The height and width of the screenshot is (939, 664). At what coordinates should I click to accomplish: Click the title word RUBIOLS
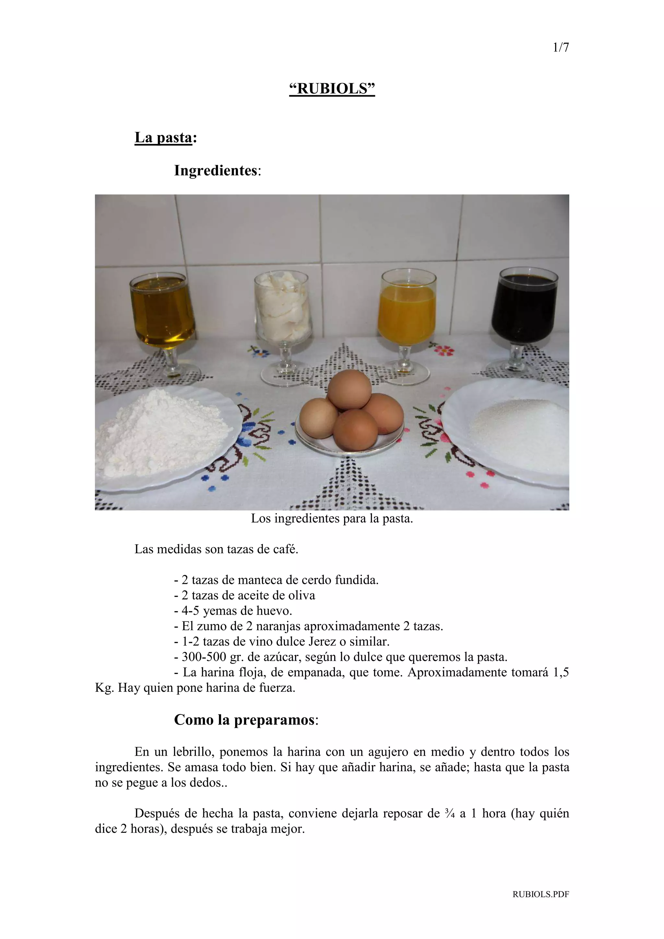332,88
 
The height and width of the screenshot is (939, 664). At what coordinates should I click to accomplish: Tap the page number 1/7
561,48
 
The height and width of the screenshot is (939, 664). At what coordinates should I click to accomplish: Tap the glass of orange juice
406,313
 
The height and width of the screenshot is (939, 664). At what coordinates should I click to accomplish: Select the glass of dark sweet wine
524,309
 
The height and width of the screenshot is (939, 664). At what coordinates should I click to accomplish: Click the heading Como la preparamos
245,720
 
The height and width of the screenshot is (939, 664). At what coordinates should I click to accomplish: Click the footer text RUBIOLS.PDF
540,905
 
